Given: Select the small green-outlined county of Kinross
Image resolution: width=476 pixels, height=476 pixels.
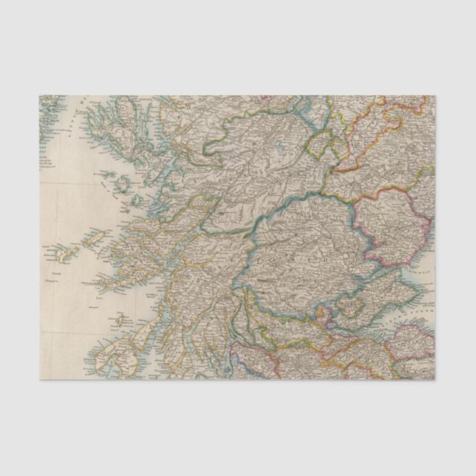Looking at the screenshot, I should pyautogui.click(x=347, y=303).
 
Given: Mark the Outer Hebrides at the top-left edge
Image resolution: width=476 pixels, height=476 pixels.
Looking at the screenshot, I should pyautogui.click(x=49, y=111).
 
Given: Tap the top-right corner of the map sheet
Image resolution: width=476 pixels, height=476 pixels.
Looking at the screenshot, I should pyautogui.click(x=435, y=96).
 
